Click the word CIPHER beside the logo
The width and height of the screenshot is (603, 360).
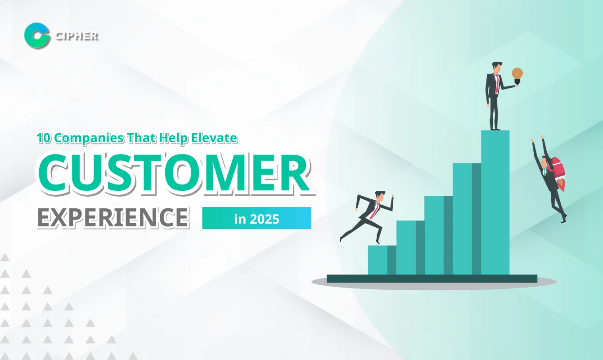(76, 36)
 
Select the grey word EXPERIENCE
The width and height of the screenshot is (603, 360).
(112, 217)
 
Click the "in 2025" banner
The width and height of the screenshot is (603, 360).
(256, 218)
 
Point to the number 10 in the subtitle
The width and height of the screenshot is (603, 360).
(44, 138)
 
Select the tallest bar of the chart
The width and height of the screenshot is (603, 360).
(495, 202)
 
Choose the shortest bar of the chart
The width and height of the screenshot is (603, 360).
(382, 260)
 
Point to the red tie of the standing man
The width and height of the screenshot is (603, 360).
(497, 83)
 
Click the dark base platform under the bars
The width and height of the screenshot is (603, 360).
(432, 279)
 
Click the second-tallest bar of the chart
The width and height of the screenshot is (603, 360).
(467, 219)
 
